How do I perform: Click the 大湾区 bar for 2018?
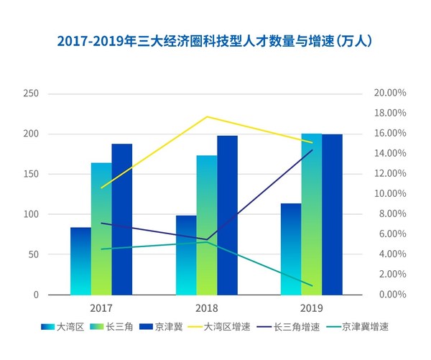pos(186,255)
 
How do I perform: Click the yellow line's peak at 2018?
pos(207,116)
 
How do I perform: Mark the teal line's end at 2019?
pos(312,285)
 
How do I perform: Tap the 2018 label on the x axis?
pos(207,308)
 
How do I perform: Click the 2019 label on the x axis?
pos(312,308)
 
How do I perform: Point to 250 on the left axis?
pos(31,94)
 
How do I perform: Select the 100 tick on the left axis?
pos(31,215)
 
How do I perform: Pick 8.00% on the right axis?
pos(393,214)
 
